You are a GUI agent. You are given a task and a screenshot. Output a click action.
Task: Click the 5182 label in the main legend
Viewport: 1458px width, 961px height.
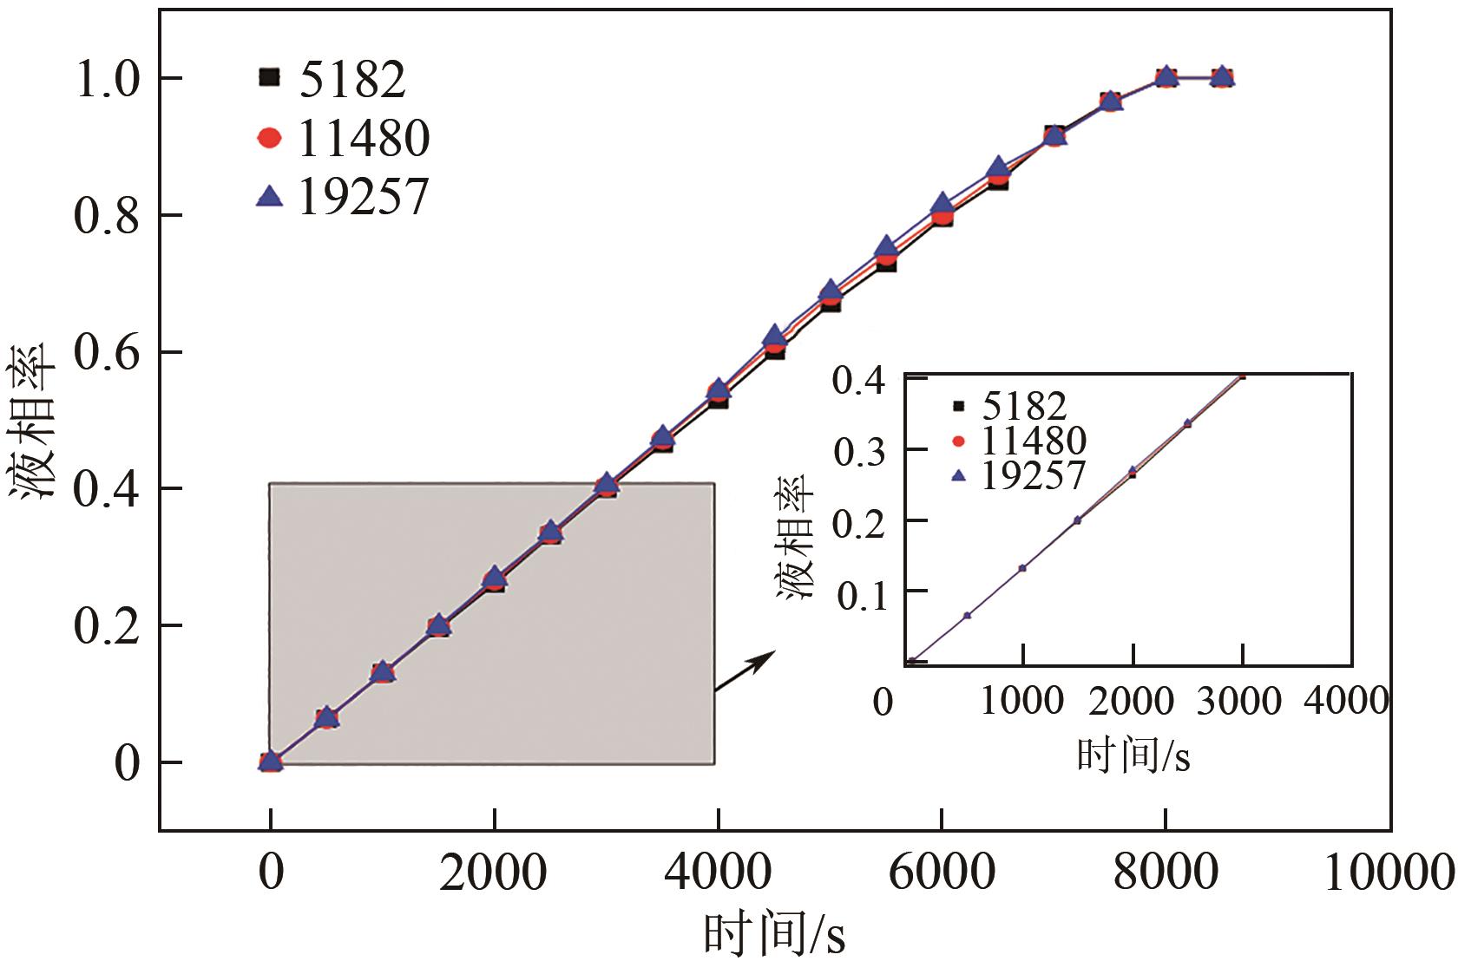(352, 80)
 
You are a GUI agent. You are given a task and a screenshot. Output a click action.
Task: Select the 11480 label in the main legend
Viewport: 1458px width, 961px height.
(364, 139)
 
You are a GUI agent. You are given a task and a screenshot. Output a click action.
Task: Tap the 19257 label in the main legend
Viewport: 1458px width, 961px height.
(364, 198)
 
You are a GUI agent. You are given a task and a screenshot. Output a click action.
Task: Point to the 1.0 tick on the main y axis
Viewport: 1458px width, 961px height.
(107, 79)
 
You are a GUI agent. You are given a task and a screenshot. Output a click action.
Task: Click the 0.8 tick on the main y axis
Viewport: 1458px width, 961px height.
(107, 216)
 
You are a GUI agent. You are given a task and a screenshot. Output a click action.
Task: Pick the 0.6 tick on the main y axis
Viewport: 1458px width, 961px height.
(107, 353)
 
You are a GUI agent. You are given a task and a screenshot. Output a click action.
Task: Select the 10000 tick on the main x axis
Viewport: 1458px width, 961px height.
(1389, 873)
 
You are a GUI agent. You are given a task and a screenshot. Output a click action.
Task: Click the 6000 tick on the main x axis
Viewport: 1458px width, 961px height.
(942, 873)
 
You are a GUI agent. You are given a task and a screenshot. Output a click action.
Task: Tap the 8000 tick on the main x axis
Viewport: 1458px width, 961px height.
(1166, 873)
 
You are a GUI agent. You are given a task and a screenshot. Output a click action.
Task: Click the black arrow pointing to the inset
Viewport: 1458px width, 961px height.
(743, 672)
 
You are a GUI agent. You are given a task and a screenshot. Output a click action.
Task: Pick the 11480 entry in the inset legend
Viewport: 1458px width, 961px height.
(1034, 441)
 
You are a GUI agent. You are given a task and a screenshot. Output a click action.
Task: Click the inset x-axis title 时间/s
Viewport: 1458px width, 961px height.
(1133, 756)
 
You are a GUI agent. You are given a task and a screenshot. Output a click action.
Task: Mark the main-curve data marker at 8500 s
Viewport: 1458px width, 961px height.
(1222, 77)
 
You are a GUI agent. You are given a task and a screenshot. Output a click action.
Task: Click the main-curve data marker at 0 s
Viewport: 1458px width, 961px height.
(271, 762)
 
